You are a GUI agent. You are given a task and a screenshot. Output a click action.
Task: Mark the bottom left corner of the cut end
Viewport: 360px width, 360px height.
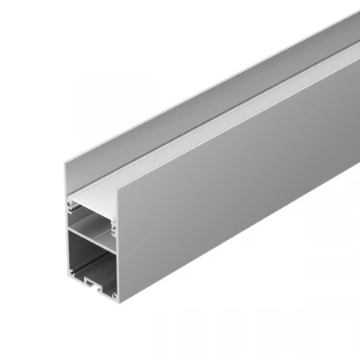coord(64,277)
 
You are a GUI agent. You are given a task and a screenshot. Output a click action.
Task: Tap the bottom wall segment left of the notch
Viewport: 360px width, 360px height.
coord(75,280)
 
